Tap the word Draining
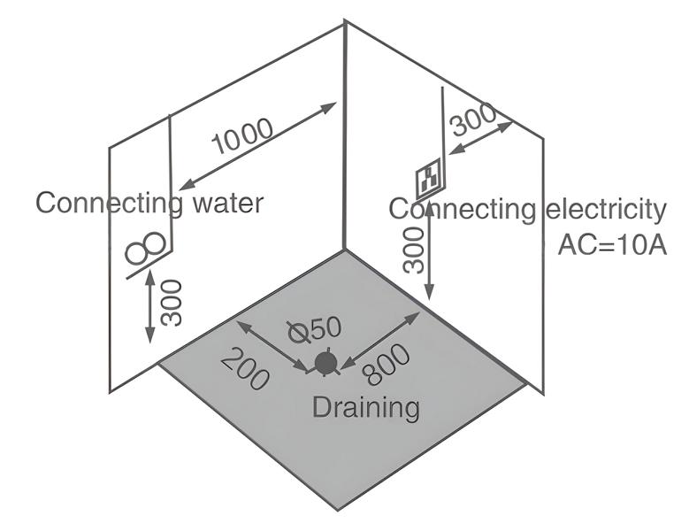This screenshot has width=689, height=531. tap(366, 408)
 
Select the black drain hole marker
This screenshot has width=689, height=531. tap(325, 363)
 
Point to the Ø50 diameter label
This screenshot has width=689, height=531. tap(315, 329)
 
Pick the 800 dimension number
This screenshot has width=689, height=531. tap(387, 364)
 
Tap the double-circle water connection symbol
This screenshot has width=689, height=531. tap(145, 250)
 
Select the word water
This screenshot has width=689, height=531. tap(227, 204)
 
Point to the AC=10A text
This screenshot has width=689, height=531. tap(611, 244)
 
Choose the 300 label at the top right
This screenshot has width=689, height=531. tap(475, 120)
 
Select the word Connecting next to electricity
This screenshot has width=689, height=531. tap(463, 210)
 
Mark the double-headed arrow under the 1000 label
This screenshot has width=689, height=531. tap(256, 148)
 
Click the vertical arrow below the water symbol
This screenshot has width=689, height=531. tap(150, 305)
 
